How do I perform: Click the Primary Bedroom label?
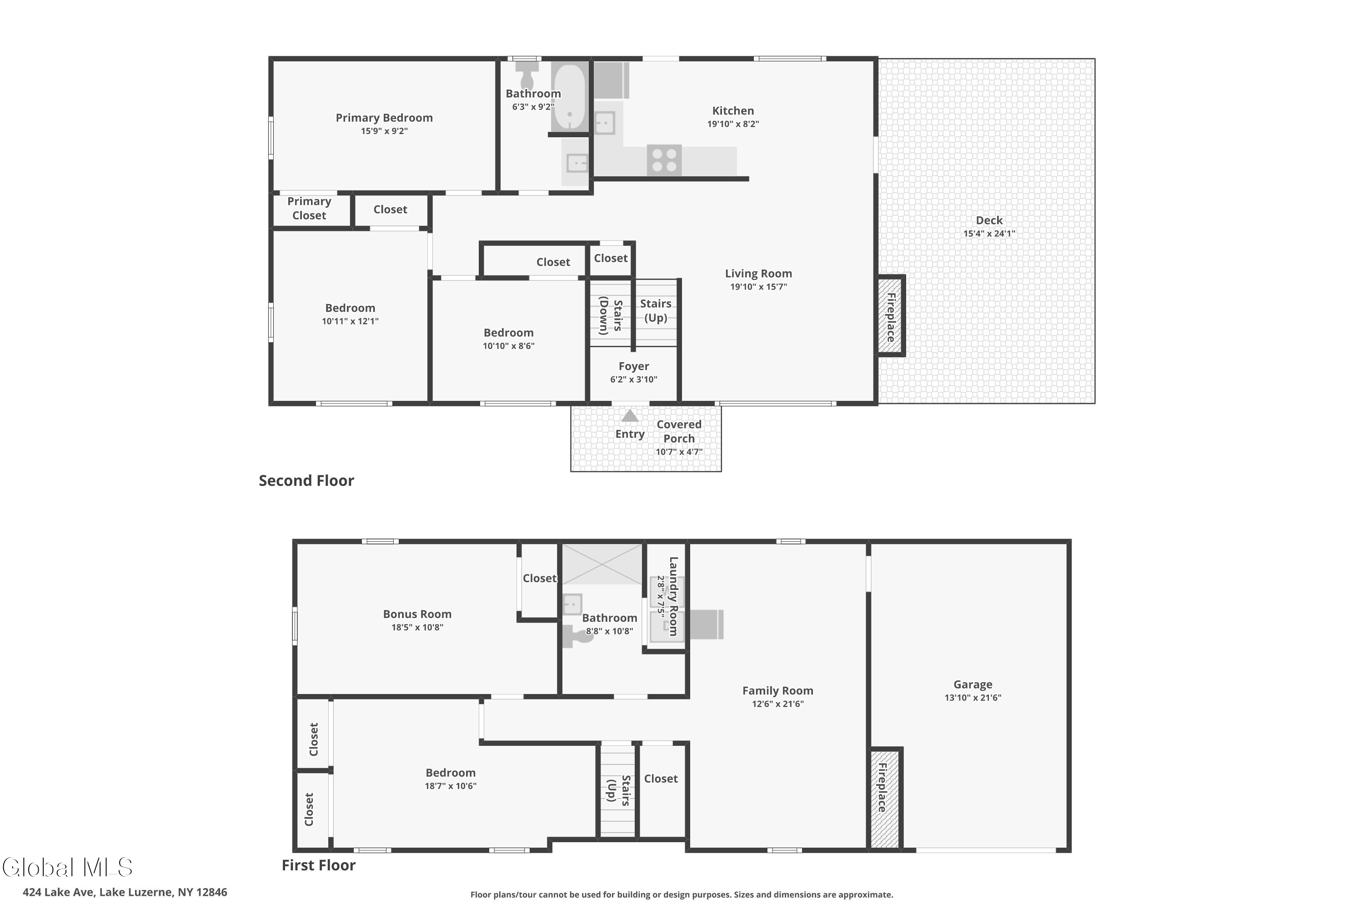[384, 118]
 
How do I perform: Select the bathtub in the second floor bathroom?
[569, 97]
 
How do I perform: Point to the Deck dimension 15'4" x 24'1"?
[989, 234]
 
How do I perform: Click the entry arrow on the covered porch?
[630, 416]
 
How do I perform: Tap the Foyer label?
[633, 366]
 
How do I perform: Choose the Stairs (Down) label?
[611, 315]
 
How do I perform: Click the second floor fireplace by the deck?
[890, 315]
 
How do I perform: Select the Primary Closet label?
[309, 208]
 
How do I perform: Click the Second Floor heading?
[306, 480]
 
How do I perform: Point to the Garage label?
[973, 684]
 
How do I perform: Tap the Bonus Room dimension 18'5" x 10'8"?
[417, 627]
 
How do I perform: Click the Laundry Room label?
[673, 596]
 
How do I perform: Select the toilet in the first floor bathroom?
[577, 636]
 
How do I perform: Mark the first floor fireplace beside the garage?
[885, 799]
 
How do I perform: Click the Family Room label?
[777, 690]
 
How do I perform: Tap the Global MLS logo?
[68, 867]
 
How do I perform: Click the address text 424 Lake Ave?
[58, 892]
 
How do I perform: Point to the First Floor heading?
[318, 865]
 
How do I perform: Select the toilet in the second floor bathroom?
[527, 76]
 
